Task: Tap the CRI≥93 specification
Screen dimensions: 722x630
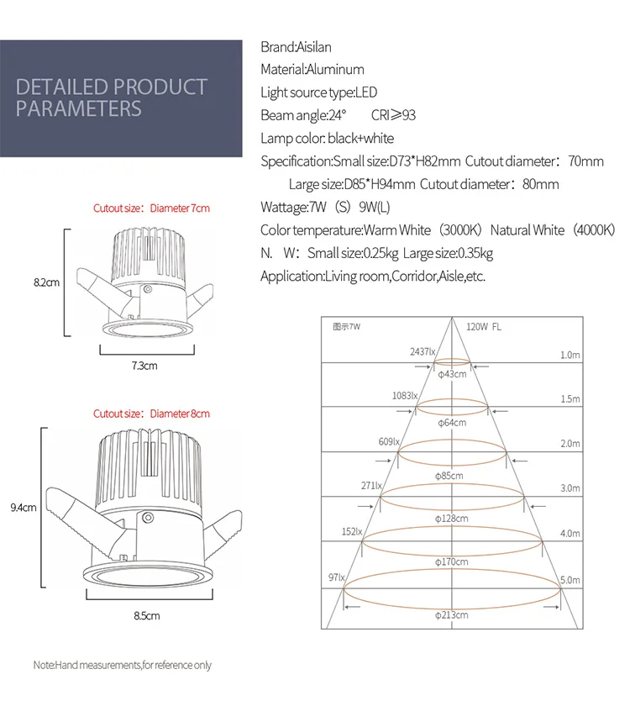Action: coord(393,116)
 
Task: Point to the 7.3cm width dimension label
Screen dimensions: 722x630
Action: coord(144,366)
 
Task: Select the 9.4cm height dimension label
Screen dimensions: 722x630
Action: coord(23,507)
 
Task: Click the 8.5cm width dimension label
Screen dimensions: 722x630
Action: coord(146,615)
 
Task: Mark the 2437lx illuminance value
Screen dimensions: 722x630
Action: coord(423,352)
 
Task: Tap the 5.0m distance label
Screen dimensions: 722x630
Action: coord(570,580)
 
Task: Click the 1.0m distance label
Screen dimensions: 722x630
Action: coord(570,356)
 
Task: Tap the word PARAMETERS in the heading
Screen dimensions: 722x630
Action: coord(79,108)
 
